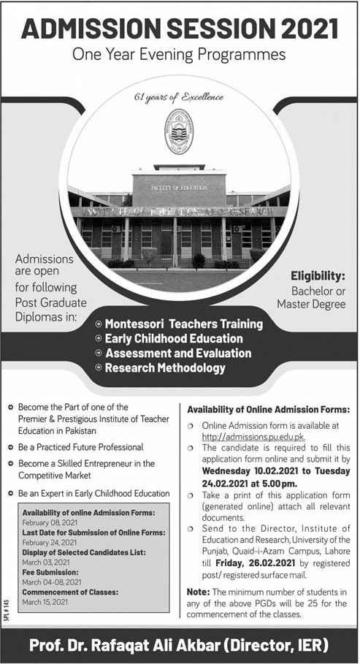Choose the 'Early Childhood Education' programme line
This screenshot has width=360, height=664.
pyautogui.click(x=174, y=338)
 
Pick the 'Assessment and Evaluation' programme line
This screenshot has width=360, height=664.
pyautogui.click(x=178, y=353)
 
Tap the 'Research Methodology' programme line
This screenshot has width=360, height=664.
pyautogui.click(x=165, y=368)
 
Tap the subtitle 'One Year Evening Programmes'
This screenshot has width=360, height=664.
pyautogui.click(x=180, y=55)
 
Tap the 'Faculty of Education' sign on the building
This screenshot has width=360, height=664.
pyautogui.click(x=179, y=188)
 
